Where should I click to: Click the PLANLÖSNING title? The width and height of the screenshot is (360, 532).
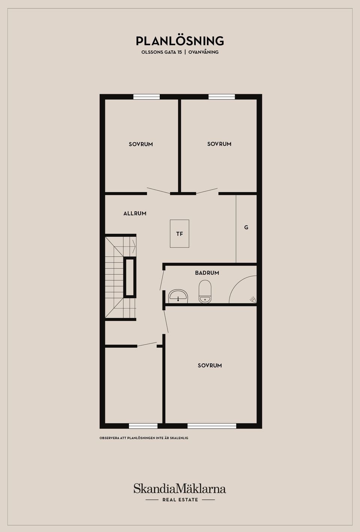[x=180, y=41]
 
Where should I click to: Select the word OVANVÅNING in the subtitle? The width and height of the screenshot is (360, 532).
[x=203, y=52]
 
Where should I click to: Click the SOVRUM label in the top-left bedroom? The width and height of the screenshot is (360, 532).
[x=141, y=144]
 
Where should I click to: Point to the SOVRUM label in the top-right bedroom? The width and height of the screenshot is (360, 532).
[x=219, y=144]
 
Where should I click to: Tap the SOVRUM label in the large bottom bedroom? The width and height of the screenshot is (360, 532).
[x=210, y=366]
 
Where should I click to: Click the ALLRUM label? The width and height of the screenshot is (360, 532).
[x=135, y=214]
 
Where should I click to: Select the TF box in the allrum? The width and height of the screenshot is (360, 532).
[x=180, y=234]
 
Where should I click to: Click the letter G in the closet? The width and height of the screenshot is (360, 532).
[x=246, y=227]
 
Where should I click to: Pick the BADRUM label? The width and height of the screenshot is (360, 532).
[x=207, y=273]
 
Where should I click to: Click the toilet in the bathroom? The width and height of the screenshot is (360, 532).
[x=205, y=291]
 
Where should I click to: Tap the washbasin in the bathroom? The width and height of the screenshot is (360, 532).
[x=178, y=296]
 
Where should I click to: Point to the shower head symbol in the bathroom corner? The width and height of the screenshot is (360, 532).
[x=253, y=300]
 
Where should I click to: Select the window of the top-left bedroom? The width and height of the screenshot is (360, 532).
[x=147, y=97]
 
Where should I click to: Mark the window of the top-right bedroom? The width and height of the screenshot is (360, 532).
[x=222, y=97]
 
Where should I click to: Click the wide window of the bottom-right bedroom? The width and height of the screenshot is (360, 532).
[x=212, y=426]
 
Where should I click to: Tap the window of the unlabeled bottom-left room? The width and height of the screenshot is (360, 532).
[x=143, y=426]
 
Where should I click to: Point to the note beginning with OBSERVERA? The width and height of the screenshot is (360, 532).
[x=144, y=438]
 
